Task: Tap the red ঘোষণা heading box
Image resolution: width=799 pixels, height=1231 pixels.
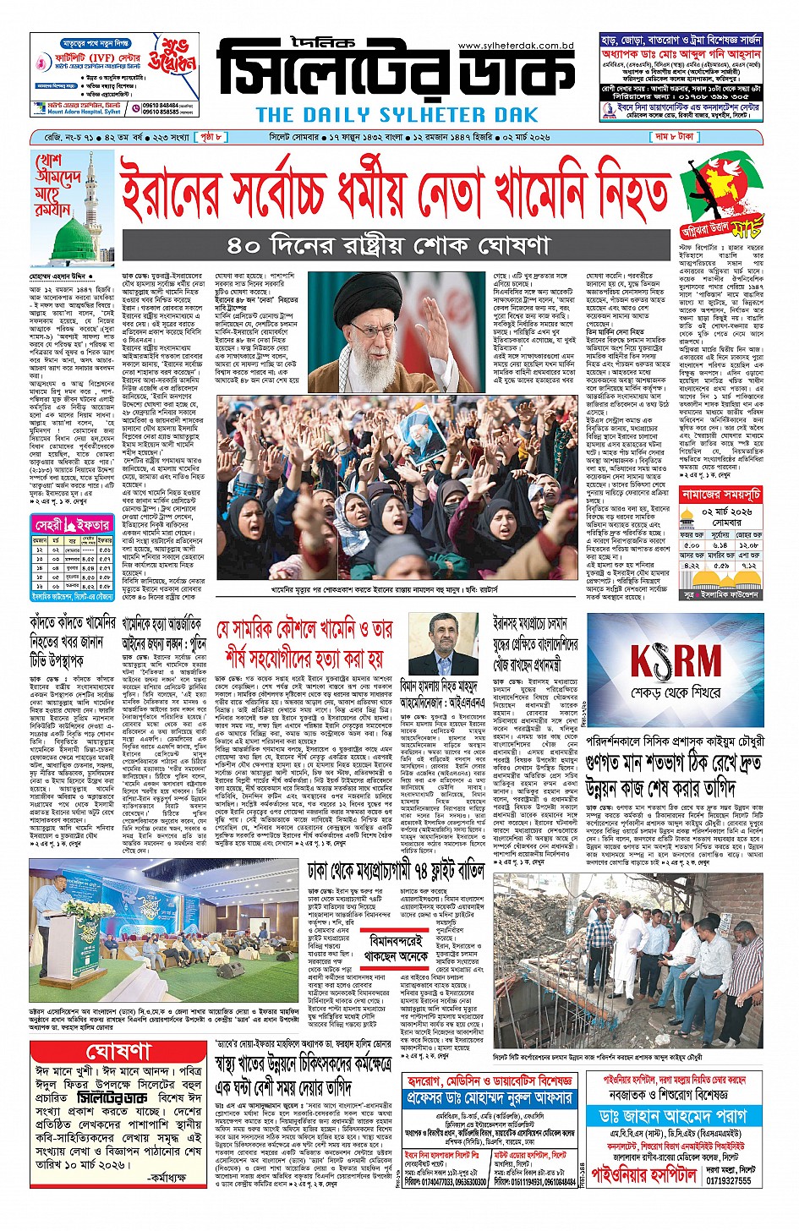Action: click(x=118, y=1052)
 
